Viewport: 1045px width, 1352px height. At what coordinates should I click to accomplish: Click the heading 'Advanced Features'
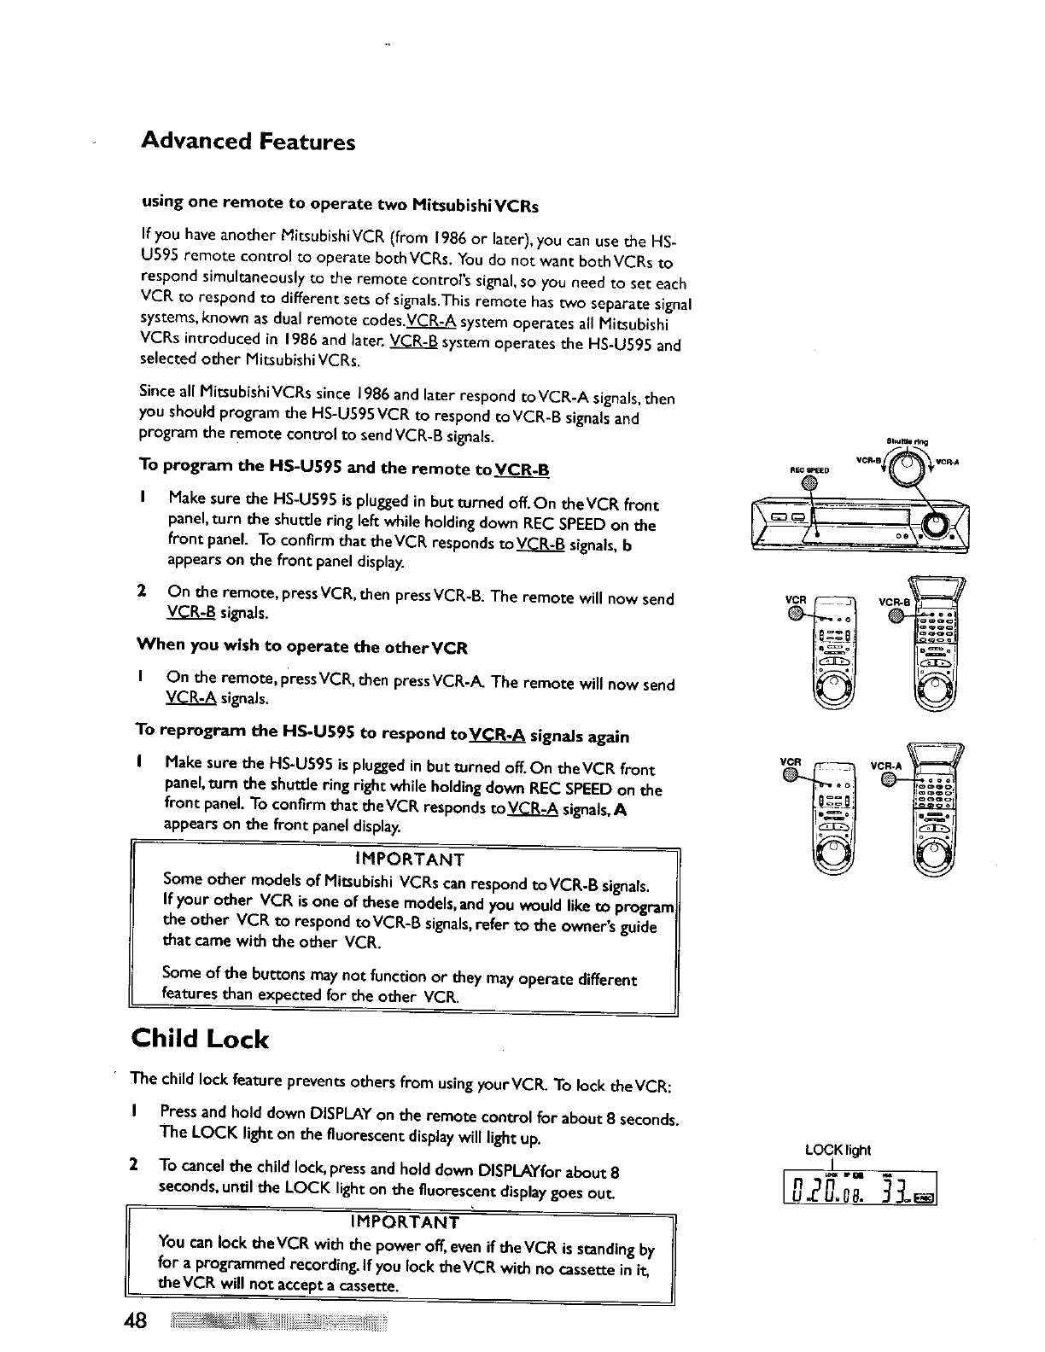(x=248, y=142)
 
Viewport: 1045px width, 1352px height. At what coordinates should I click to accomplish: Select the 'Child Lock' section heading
(x=200, y=1039)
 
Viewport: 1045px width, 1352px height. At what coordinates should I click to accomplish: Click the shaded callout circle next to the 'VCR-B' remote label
(x=896, y=614)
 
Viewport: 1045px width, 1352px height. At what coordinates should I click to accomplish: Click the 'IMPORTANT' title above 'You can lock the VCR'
(x=404, y=1223)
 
